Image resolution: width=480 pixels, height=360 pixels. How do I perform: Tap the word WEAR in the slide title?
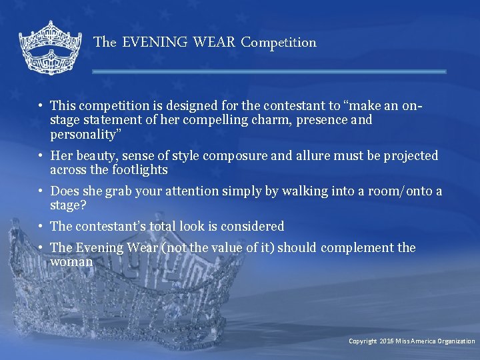[214, 43]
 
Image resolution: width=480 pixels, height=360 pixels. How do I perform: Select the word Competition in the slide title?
[279, 43]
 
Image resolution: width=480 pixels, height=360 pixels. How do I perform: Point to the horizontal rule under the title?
[269, 71]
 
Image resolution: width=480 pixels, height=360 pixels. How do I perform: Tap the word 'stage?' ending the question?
[68, 205]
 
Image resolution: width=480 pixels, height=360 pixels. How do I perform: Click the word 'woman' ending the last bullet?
[71, 262]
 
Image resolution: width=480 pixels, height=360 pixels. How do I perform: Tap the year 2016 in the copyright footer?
[387, 341]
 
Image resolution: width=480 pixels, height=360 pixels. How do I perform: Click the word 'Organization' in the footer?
[456, 341]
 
